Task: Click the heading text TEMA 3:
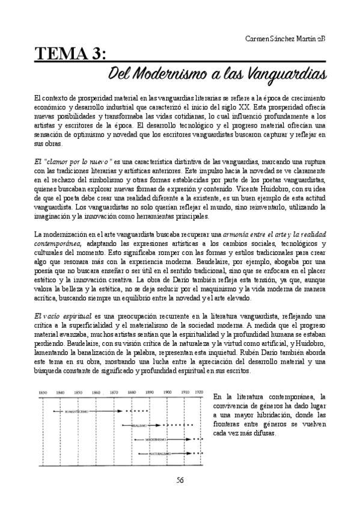(70, 55)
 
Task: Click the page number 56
(180, 479)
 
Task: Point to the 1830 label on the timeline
(43, 392)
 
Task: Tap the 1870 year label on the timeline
(114, 392)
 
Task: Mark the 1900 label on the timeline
(167, 392)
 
